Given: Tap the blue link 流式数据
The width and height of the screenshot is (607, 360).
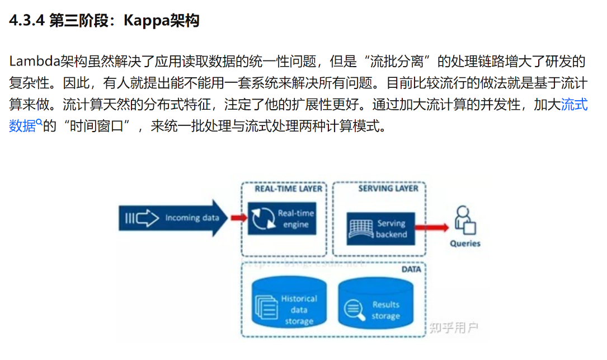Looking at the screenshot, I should click(x=575, y=105).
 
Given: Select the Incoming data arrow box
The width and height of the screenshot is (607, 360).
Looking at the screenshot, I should click(x=173, y=218).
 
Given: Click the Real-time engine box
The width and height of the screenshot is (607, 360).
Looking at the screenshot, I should click(x=281, y=219).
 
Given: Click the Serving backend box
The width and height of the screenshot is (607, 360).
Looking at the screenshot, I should click(x=380, y=228).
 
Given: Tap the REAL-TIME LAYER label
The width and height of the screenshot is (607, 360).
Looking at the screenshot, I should click(x=288, y=189).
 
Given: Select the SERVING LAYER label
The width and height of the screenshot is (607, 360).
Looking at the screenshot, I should click(x=388, y=189).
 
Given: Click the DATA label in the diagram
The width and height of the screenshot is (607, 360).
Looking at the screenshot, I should click(x=411, y=269).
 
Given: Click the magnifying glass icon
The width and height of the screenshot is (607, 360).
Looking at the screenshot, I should click(x=354, y=310).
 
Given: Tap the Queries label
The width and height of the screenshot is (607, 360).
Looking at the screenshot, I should click(x=465, y=244).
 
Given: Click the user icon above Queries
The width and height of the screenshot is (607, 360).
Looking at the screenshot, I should click(x=465, y=221).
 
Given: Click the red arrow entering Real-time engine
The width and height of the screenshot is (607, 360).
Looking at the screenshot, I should click(x=238, y=218).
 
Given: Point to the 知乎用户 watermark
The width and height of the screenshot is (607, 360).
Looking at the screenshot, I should click(x=454, y=327).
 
